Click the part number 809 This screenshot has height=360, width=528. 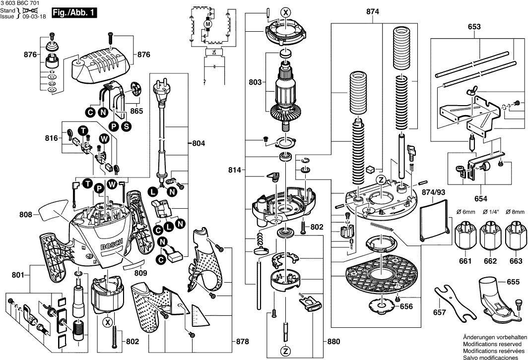(141, 272)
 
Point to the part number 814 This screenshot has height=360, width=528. (235, 171)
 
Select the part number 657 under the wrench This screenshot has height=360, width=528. (439, 313)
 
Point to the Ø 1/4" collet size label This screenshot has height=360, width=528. (490, 213)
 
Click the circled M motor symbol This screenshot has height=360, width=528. (209, 24)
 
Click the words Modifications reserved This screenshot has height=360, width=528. (492, 343)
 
